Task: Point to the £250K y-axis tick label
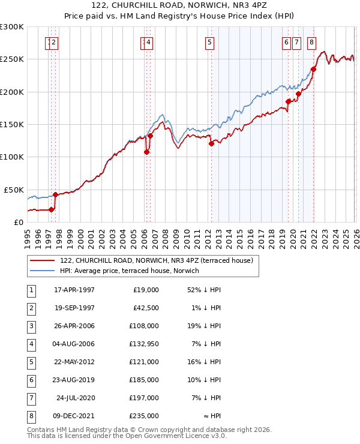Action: [x=12, y=59]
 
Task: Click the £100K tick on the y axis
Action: [x=12, y=157]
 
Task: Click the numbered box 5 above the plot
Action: [x=210, y=42]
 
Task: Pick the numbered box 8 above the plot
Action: [x=311, y=42]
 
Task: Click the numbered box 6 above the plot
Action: [x=286, y=42]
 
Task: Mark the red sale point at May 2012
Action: [x=211, y=143]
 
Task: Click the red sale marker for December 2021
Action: [x=313, y=69]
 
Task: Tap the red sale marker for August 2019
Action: [x=289, y=101]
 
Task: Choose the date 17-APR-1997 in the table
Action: [x=74, y=290]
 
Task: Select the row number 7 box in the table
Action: [x=31, y=398]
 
